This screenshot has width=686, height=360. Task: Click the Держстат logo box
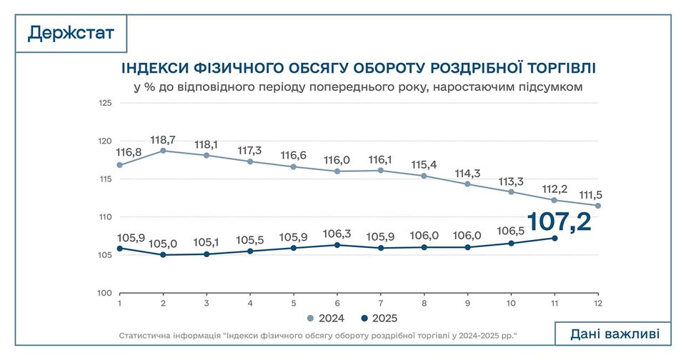(x=71, y=33)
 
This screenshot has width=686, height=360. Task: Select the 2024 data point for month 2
(x=163, y=151)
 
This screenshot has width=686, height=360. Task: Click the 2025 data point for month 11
(x=555, y=238)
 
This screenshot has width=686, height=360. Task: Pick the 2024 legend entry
(x=326, y=319)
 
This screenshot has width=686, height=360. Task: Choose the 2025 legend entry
(x=380, y=319)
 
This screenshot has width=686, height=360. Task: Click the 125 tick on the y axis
(x=105, y=103)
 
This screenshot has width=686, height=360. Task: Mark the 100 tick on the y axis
(x=105, y=293)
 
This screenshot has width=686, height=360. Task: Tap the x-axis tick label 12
(x=598, y=304)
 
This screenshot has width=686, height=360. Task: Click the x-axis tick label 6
(x=337, y=304)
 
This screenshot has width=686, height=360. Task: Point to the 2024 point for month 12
(x=598, y=206)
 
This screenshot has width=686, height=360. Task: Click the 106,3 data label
(x=337, y=233)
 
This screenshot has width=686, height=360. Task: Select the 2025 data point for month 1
(x=119, y=249)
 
